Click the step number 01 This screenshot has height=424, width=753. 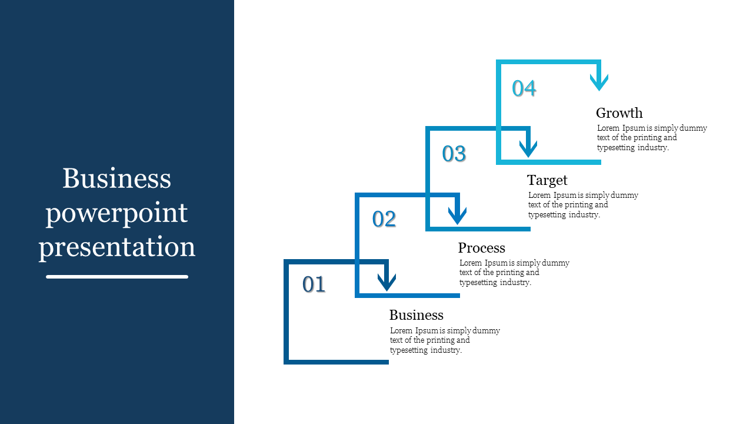(x=314, y=284)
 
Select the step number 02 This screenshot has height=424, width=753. (x=384, y=218)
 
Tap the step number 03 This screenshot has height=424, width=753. (x=454, y=154)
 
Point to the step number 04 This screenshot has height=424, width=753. (x=524, y=88)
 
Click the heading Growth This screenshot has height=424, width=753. (x=619, y=113)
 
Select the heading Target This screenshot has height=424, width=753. (x=547, y=181)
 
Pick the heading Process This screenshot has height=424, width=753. (x=481, y=248)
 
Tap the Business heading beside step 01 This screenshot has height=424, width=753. (x=416, y=315)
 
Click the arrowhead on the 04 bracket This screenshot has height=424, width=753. (x=599, y=82)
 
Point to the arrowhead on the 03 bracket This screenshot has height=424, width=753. (x=528, y=149)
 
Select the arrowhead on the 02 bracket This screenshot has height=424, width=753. (x=457, y=216)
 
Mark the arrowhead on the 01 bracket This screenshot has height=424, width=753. (x=387, y=282)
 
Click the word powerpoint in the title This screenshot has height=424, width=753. (x=116, y=214)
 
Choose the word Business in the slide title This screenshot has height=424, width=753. (x=116, y=178)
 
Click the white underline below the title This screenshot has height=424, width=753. (x=117, y=277)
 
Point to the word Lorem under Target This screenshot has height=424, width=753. (x=540, y=195)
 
